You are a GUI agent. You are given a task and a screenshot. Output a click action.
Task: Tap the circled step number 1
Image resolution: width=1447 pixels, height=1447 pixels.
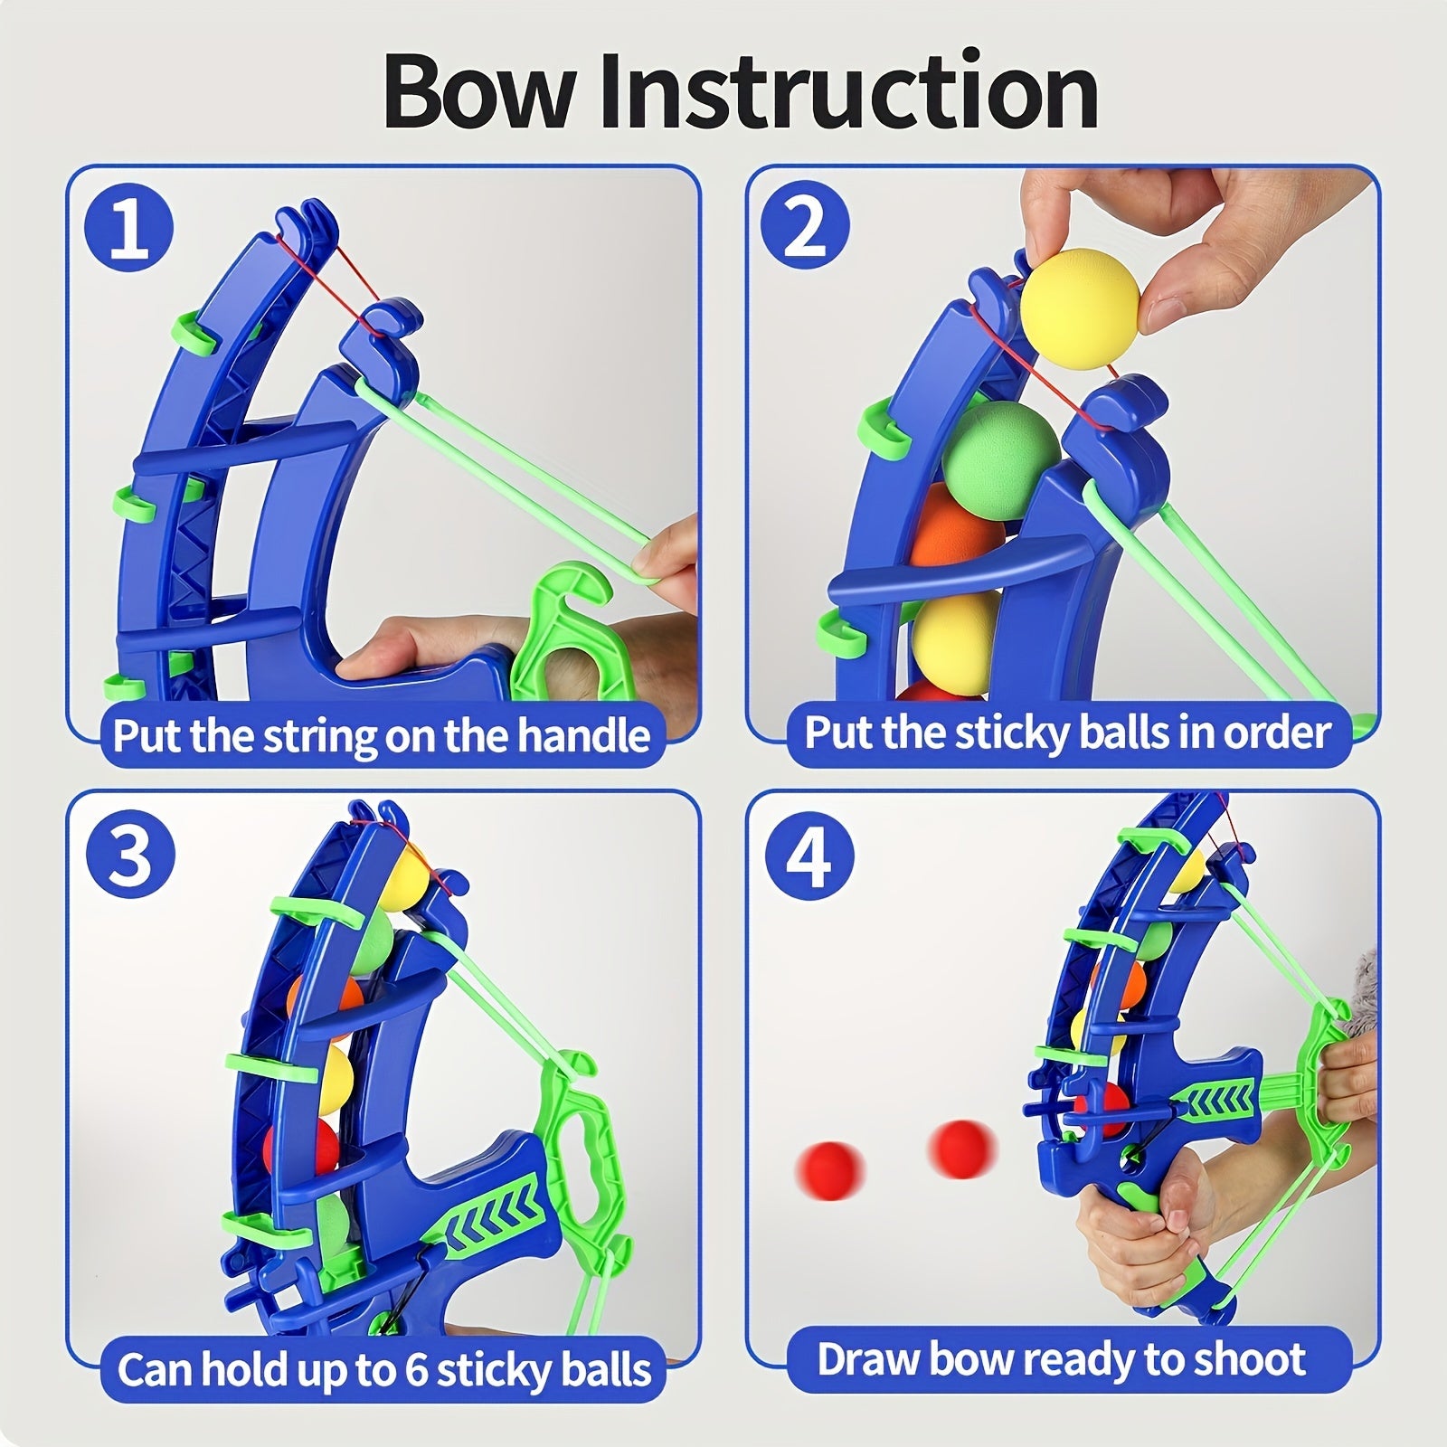(x=129, y=229)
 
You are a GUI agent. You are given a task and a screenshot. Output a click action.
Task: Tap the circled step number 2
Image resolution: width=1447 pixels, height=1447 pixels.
(x=805, y=227)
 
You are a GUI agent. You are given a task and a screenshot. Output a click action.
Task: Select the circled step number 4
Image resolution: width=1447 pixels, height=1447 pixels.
(x=809, y=855)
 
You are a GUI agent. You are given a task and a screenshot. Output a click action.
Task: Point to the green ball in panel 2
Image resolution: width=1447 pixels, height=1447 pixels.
(x=999, y=449)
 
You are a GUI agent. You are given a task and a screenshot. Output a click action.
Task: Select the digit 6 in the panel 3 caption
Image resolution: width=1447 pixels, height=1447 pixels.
(x=416, y=1370)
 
